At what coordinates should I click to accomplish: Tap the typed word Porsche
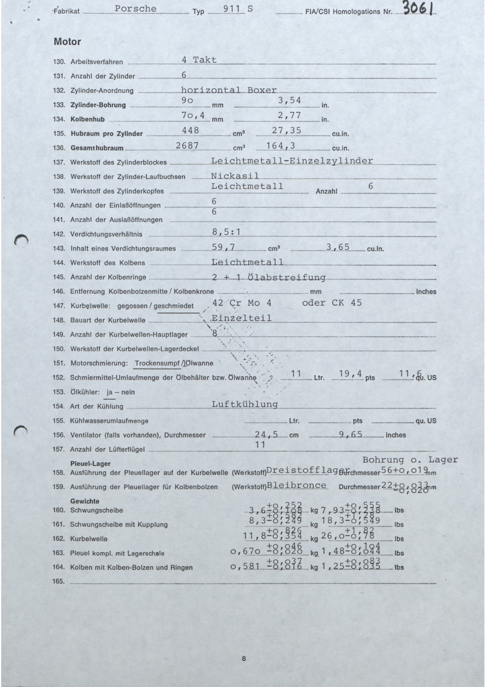click(136, 9)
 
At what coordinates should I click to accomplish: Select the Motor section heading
click(67, 42)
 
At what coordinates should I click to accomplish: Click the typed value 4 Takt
click(199, 60)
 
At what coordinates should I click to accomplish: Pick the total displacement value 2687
click(187, 145)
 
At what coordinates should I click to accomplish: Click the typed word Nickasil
click(235, 175)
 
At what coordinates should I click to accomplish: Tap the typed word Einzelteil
click(241, 318)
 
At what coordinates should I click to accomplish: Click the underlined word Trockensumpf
click(157, 363)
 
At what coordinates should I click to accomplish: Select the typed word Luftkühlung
click(245, 404)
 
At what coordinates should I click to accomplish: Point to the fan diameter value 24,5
click(266, 434)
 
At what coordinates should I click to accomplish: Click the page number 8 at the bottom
click(244, 659)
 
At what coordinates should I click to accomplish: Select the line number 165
click(58, 581)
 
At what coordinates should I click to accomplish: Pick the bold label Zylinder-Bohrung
click(98, 105)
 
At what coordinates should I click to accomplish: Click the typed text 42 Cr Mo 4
click(242, 303)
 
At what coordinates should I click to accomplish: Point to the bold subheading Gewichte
click(85, 501)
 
